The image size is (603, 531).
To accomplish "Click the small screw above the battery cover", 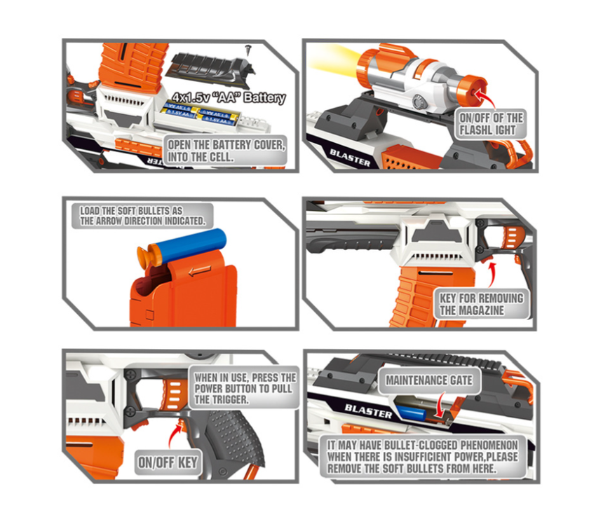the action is (x=248, y=50).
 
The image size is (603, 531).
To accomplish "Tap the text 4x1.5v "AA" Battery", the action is (x=229, y=97).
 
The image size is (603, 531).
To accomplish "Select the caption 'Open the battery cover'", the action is (x=226, y=151).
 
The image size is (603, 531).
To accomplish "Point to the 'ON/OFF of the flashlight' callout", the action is (x=491, y=124).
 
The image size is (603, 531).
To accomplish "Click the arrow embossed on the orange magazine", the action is (x=200, y=271).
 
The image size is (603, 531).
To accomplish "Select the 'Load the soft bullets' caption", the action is (x=142, y=216).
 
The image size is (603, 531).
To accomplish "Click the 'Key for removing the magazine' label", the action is (x=482, y=304).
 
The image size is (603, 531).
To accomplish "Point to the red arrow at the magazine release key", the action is (x=492, y=274).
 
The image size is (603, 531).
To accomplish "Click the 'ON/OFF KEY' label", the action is (x=168, y=462).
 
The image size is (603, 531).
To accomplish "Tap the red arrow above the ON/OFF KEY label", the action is (x=176, y=434).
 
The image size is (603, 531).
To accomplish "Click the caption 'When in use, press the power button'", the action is (x=245, y=388).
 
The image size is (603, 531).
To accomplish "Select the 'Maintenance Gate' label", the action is (x=429, y=380).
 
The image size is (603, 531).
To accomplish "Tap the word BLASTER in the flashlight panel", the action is (x=350, y=158).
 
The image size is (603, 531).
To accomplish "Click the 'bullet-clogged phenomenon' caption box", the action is (x=423, y=457).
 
